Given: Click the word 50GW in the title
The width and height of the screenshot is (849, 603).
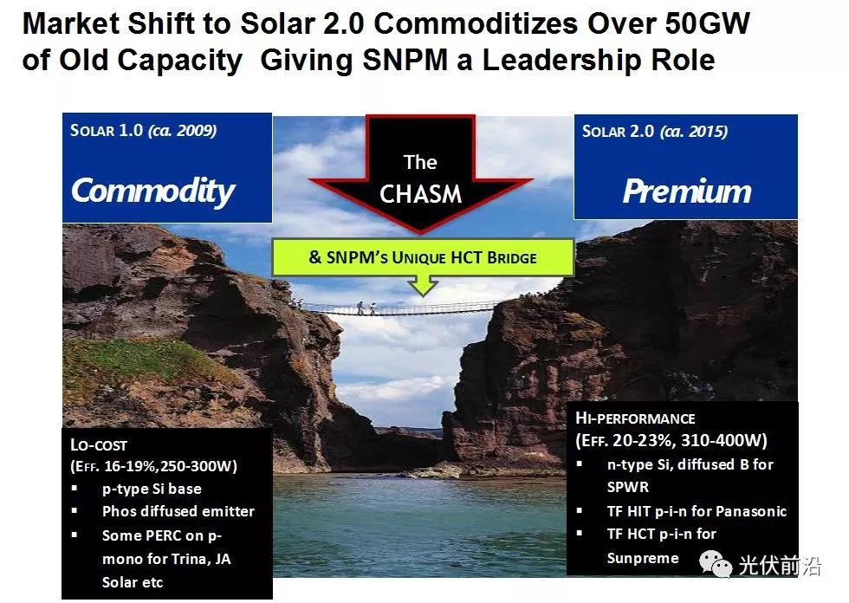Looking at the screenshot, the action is tap(707, 23).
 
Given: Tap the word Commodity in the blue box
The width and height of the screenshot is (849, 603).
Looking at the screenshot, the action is tap(153, 191).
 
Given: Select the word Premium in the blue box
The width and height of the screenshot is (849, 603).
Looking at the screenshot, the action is tap(687, 191).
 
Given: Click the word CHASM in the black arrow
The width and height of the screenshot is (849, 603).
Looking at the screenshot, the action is tap(421, 194).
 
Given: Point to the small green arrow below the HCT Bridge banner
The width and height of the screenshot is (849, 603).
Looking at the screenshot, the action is tap(423, 285).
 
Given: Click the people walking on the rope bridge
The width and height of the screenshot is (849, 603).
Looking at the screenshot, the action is tap(366, 308).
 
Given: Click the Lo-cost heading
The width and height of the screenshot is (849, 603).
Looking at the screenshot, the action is tap(99, 445).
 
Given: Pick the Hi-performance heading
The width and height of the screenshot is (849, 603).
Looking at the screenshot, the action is tap(635, 418).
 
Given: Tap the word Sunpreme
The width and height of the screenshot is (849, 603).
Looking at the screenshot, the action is tap(643, 558).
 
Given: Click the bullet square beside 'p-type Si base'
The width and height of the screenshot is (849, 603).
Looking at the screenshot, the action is tap(75, 489).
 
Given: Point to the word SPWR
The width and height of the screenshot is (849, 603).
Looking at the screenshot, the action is tap(627, 487).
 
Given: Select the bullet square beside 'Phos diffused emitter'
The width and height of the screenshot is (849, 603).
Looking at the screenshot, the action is tap(75, 511).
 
